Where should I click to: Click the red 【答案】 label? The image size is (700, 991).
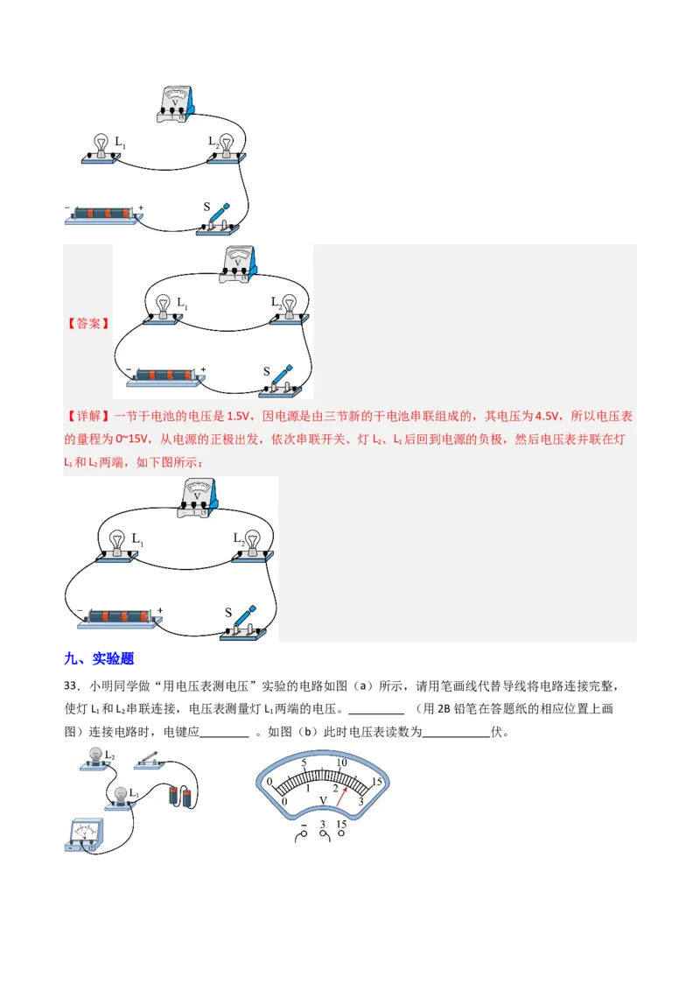click(x=87, y=324)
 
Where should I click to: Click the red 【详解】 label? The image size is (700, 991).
click(x=87, y=416)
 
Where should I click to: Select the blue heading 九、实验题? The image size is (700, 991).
click(x=99, y=658)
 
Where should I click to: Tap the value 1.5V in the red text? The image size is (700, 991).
click(x=237, y=416)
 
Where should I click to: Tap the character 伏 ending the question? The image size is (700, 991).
click(x=497, y=732)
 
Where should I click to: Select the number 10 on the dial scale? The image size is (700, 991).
click(x=342, y=763)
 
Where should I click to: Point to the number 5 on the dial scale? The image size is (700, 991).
click(x=304, y=763)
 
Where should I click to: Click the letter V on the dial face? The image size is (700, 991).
click(x=323, y=800)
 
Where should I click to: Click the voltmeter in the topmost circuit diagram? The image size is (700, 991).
click(x=175, y=104)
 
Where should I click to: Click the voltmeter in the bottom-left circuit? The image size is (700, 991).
click(x=84, y=835)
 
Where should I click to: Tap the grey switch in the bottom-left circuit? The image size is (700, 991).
click(x=150, y=760)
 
